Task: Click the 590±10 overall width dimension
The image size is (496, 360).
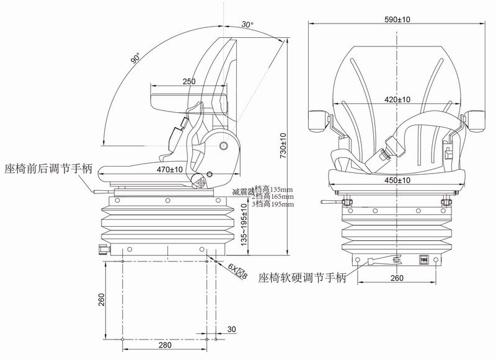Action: coord(397,20)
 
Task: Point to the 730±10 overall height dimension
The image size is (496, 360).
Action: coord(283,144)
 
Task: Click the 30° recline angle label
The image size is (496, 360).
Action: coord(247,25)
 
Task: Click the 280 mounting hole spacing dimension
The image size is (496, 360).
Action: coord(164,345)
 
